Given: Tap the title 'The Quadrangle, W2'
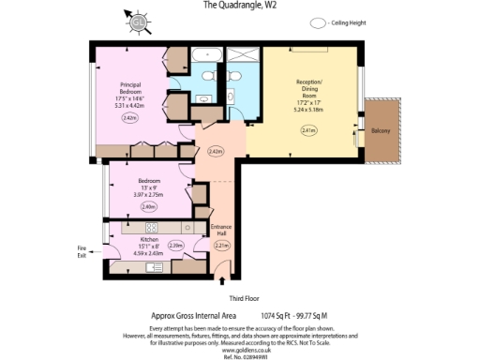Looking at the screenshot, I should [x=240, y=5].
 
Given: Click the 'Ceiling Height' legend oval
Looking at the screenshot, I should [x=319, y=22].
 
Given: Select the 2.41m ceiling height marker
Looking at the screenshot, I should [x=309, y=130].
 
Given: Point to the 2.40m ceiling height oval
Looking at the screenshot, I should [x=147, y=206].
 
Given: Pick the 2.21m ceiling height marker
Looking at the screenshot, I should [x=221, y=247].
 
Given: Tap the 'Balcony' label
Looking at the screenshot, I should [x=381, y=130].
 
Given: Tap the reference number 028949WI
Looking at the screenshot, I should [x=241, y=355].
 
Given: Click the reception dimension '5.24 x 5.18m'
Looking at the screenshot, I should [x=308, y=110].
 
